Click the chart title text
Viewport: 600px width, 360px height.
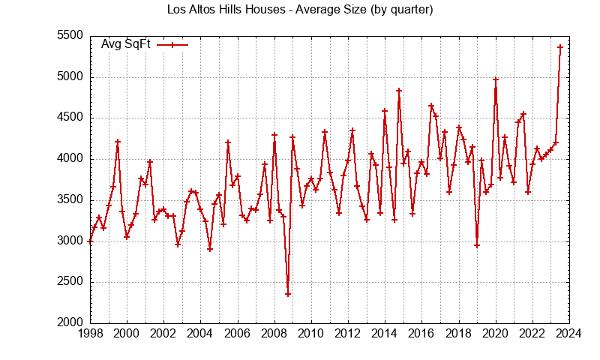300,10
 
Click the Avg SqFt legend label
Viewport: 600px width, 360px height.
126,44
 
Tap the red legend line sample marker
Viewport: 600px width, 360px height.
172,44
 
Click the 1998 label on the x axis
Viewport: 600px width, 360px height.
90,334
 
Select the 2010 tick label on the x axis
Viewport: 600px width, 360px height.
311,334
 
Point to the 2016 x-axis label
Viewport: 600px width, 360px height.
421,334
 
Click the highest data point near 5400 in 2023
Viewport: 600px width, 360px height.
560,47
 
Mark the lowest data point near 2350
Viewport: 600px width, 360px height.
288,294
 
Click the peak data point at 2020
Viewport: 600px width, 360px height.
496,79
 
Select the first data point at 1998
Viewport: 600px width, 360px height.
90,241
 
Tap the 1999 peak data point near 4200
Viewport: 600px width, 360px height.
118,142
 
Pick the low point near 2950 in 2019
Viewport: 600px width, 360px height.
477,245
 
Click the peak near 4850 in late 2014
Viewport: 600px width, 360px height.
399,91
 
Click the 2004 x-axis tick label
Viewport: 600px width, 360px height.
200,334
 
